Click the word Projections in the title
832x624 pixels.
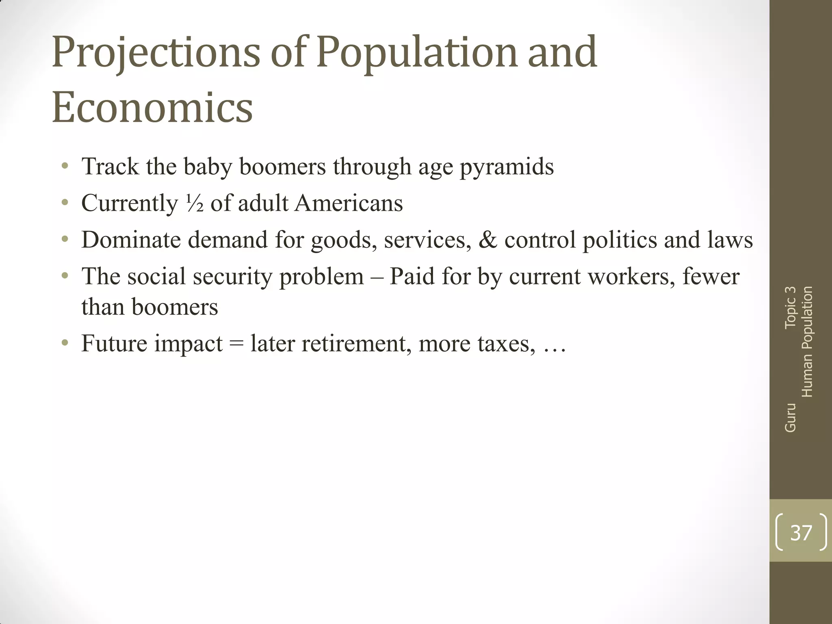click(x=156, y=53)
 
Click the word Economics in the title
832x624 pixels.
click(x=152, y=107)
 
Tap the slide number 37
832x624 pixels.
click(x=801, y=533)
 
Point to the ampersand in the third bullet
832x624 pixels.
click(x=487, y=239)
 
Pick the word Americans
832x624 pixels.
click(x=349, y=203)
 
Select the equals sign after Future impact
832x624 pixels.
click(x=236, y=344)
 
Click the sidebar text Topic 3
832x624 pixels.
click(x=790, y=307)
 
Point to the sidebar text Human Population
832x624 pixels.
click(x=807, y=342)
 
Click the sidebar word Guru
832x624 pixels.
click(x=790, y=417)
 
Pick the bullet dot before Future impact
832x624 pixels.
click(x=65, y=343)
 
